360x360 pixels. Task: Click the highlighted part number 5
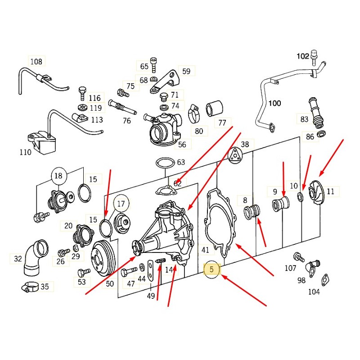[212, 270]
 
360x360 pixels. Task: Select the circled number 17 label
[121, 204]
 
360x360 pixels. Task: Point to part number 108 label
[36, 62]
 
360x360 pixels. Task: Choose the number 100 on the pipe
[274, 103]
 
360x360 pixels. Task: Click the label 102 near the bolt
[303, 56]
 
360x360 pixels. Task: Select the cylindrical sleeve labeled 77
[215, 109]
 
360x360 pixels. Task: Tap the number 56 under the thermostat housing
[182, 144]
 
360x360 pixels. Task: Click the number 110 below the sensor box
[26, 152]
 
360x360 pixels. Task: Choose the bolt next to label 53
[81, 272]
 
